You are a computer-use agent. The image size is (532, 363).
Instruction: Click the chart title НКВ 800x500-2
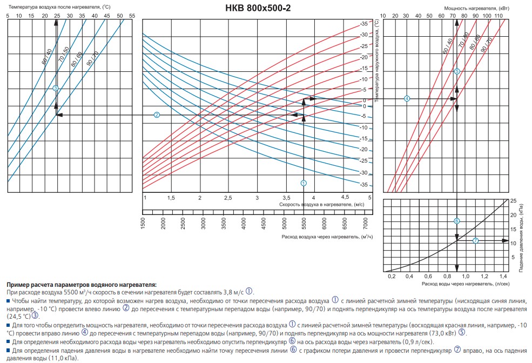[265, 8]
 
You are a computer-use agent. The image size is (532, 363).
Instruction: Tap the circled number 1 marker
[304, 183]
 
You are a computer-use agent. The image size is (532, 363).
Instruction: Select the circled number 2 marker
[157, 115]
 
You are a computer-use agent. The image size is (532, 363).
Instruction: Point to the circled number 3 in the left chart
[56, 88]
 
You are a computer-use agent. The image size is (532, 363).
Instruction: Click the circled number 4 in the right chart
[407, 98]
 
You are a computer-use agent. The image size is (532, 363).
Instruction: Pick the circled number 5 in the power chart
[457, 71]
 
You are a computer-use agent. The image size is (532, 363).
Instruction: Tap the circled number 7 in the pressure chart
[475, 240]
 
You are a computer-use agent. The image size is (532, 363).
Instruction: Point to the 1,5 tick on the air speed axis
[171, 198]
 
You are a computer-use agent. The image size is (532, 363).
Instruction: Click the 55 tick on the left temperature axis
[132, 15]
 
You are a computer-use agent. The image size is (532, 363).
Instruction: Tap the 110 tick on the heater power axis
[498, 15]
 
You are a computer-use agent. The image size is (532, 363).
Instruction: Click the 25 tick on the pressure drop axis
[513, 200]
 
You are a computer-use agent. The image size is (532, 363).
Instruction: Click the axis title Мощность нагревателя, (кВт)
[468, 8]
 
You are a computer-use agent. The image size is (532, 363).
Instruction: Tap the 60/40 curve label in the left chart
[46, 57]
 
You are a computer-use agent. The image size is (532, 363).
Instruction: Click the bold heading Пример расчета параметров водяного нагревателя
[82, 284]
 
